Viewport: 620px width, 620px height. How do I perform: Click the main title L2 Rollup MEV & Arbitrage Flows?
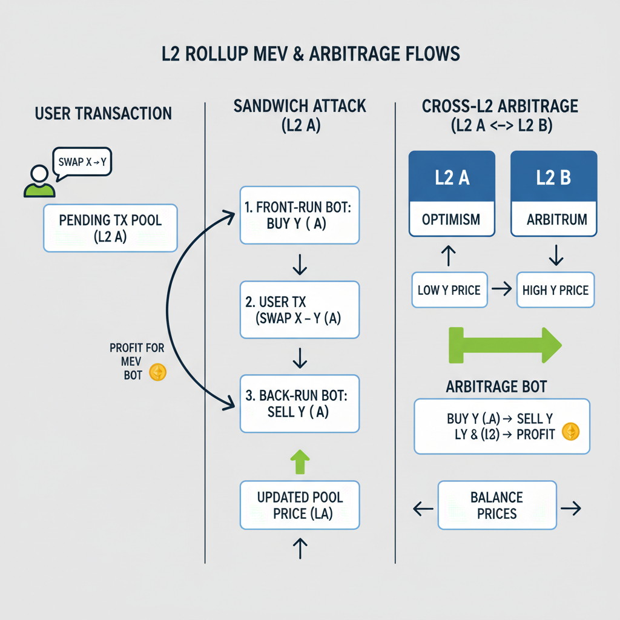click(x=309, y=53)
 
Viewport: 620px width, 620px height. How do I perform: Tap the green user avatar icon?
click(x=39, y=181)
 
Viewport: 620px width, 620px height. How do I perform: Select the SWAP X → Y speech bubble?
click(x=82, y=162)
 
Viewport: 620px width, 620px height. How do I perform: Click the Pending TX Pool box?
click(x=110, y=228)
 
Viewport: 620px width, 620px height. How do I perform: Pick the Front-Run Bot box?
click(x=300, y=214)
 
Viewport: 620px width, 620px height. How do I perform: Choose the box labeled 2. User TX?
click(x=300, y=309)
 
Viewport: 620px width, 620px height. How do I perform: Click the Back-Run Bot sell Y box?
click(x=300, y=403)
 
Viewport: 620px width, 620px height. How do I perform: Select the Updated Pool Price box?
click(x=300, y=505)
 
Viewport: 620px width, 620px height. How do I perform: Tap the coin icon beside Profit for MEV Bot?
click(x=157, y=372)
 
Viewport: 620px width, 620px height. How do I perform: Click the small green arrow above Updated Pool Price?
click(x=300, y=461)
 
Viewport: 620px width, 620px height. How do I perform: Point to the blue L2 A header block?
click(x=452, y=178)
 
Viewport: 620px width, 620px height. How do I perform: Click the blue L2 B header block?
click(x=553, y=178)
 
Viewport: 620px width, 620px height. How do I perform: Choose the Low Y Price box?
click(x=449, y=290)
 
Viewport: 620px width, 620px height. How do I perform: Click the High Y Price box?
click(x=555, y=290)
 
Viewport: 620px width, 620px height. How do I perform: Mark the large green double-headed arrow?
click(x=504, y=346)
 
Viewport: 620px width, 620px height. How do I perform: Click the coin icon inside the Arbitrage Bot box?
click(x=570, y=431)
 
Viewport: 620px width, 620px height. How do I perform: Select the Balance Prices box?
click(x=496, y=506)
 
